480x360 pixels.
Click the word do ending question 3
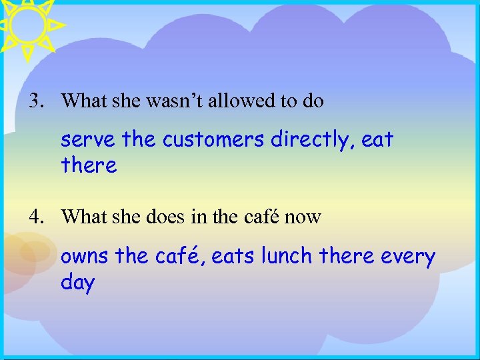coord(313,101)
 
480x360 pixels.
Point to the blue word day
coord(77,282)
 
